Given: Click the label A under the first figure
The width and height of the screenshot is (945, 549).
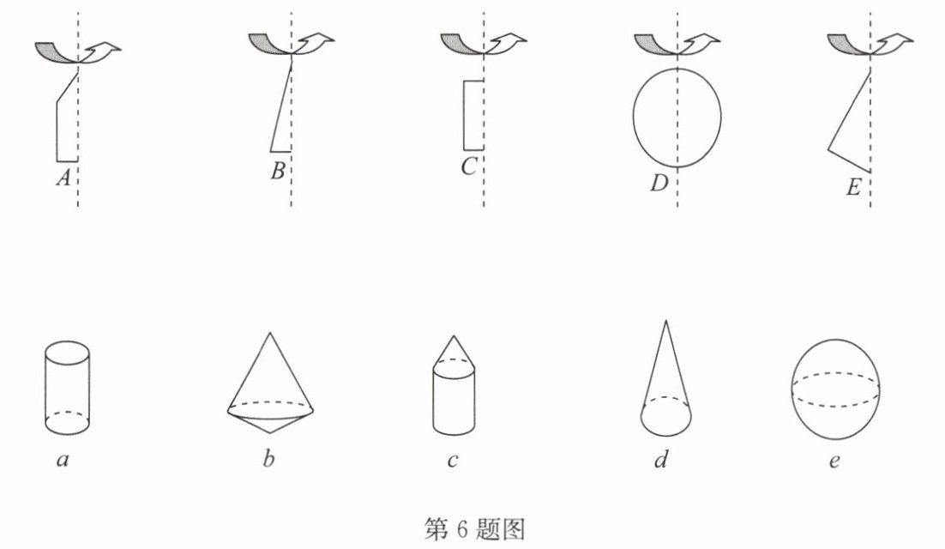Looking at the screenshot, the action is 63,178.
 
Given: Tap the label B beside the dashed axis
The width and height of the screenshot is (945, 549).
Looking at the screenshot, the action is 278,171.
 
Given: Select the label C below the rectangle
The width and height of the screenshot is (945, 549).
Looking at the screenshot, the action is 468,167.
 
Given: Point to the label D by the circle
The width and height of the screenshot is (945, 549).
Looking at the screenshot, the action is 659,183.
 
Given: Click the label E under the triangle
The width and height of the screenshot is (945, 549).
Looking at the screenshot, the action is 852,187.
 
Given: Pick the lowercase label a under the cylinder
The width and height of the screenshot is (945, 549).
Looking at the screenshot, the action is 63,461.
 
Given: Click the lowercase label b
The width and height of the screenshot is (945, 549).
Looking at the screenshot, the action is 268,459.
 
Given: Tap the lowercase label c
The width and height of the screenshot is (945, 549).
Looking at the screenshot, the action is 453,462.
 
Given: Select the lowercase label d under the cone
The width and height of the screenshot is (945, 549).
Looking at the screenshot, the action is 662,459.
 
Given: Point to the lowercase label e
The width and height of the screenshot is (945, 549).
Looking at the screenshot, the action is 834,462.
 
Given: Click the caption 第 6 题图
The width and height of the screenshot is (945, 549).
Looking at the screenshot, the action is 474,529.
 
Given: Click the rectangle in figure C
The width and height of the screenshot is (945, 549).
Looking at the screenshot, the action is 464,115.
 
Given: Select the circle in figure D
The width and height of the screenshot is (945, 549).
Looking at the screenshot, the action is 634,117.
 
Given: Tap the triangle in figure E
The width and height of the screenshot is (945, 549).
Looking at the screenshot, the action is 849,110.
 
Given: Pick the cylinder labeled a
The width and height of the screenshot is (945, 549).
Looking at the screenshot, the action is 68,388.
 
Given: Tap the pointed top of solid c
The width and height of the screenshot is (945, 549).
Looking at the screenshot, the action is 454,335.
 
